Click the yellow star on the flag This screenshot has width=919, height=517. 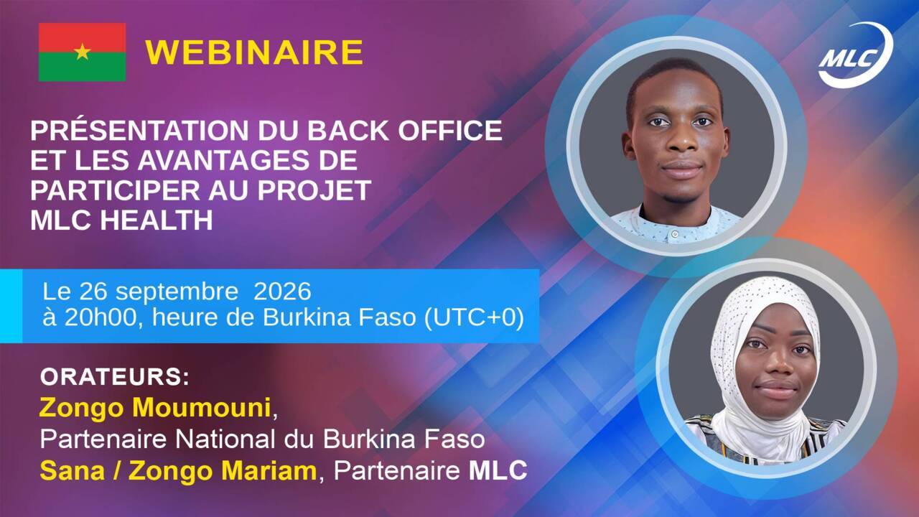(x=83, y=52)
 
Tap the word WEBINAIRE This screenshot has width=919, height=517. (x=254, y=52)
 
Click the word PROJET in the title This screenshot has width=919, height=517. (x=314, y=190)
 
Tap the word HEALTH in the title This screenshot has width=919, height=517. (x=157, y=220)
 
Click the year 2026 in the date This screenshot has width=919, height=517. (x=282, y=292)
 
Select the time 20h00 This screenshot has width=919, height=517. (x=100, y=317)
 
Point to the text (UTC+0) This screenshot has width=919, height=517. (x=474, y=317)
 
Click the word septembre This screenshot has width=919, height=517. (x=177, y=292)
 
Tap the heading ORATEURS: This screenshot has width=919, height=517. (x=115, y=377)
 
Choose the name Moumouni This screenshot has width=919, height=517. (x=202, y=407)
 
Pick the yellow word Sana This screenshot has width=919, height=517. (x=73, y=470)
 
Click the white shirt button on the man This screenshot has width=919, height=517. (x=675, y=234)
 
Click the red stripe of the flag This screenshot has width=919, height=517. (x=82, y=37)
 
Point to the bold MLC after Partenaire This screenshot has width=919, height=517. (x=498, y=470)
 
